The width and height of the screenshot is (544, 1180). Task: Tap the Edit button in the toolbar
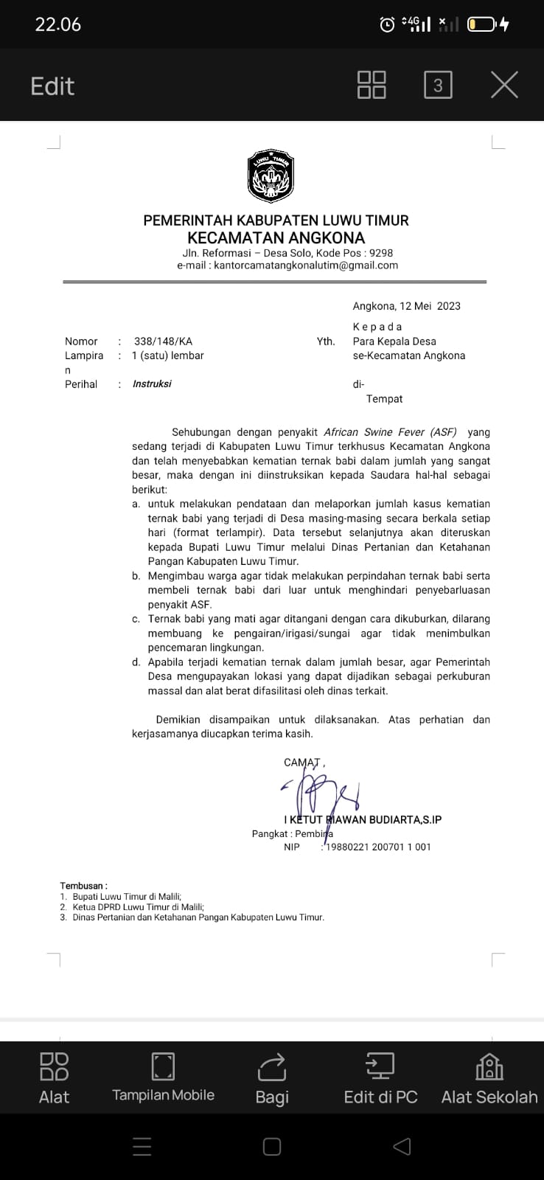[52, 86]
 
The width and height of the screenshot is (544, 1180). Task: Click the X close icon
[504, 85]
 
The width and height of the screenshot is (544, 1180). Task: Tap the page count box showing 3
[438, 86]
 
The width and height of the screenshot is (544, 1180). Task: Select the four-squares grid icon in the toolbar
[372, 85]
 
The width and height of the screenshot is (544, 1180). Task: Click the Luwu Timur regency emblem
[271, 176]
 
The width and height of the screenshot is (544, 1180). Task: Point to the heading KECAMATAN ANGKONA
[276, 238]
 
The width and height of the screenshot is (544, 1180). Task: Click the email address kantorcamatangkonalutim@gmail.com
[305, 265]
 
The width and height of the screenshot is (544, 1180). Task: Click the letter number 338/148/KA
[163, 341]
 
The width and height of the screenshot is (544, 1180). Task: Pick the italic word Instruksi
[152, 384]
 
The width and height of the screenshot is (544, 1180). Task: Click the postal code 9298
[381, 253]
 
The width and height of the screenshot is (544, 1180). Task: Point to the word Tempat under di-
[384, 399]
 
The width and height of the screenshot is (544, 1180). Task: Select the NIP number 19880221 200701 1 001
[378, 847]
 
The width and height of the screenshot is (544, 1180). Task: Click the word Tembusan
[82, 886]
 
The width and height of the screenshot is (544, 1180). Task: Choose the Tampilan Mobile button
[163, 1077]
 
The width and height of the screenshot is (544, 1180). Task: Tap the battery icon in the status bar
[482, 25]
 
